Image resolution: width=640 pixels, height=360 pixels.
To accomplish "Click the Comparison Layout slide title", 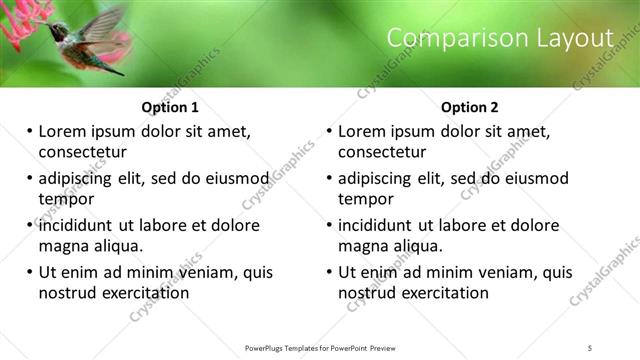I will tap(499, 38).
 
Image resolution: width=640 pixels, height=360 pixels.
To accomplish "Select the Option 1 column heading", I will tap(171, 107).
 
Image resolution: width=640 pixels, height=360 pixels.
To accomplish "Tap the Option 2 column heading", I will tap(471, 107).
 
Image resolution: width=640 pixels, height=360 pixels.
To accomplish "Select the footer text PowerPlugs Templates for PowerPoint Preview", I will tap(321, 348).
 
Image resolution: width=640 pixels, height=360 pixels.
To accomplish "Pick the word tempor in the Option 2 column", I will tap(366, 199).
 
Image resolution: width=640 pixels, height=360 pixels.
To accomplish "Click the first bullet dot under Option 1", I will tap(30, 131).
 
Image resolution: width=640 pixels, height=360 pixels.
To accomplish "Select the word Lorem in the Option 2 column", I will tap(362, 131).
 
